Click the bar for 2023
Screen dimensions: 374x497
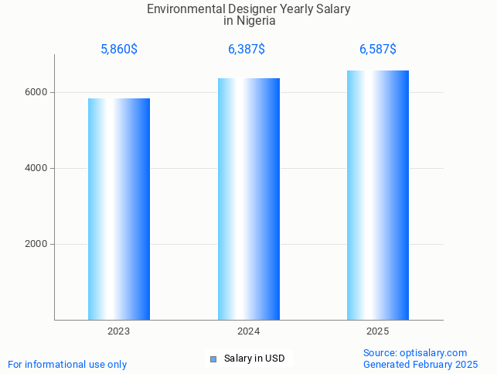click(x=119, y=209)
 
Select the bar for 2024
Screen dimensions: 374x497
click(x=249, y=199)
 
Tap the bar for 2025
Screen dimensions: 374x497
click(x=378, y=195)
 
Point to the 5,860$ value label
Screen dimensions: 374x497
click(x=119, y=50)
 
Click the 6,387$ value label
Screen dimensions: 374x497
click(x=247, y=50)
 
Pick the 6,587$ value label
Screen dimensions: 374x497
click(x=378, y=50)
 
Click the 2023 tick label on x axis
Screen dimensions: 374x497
click(x=119, y=331)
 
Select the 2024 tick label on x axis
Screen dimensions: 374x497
click(x=249, y=331)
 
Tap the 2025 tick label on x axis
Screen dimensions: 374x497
click(x=378, y=331)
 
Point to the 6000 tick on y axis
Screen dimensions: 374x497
click(x=36, y=92)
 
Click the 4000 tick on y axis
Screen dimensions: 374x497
click(x=36, y=168)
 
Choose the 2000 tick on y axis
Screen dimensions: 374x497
click(x=36, y=244)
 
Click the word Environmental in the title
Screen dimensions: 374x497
click(x=179, y=9)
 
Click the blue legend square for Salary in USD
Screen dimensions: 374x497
click(x=213, y=359)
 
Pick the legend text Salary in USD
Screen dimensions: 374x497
click(x=254, y=359)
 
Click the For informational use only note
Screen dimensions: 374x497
click(x=67, y=364)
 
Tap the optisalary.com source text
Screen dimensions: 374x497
click(x=432, y=353)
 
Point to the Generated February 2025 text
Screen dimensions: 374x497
click(x=420, y=364)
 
